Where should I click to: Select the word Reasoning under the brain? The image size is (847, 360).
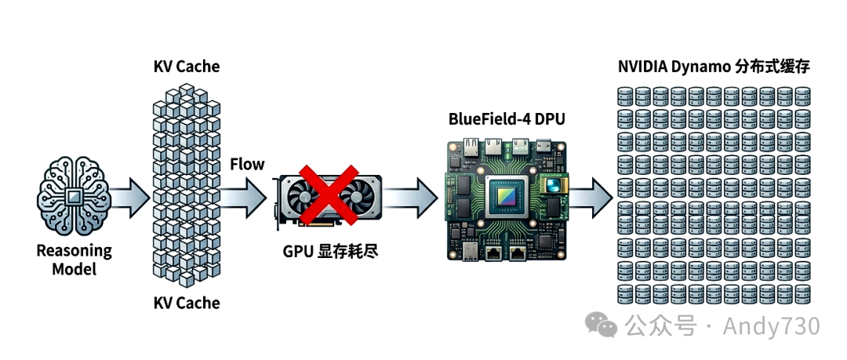pyautogui.click(x=74, y=251)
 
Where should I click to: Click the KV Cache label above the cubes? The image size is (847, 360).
pyautogui.click(x=187, y=66)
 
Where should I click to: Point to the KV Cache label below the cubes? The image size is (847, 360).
pyautogui.click(x=187, y=302)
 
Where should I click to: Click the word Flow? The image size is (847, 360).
pyautogui.click(x=247, y=164)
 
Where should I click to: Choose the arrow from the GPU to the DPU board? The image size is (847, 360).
pyautogui.click(x=413, y=194)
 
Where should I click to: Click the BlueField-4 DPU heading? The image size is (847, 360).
pyautogui.click(x=507, y=119)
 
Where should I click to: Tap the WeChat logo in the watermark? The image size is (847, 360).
pyautogui.click(x=603, y=325)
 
